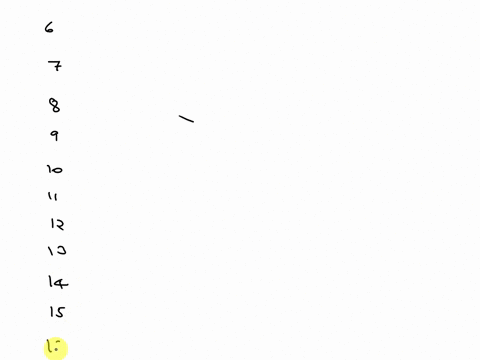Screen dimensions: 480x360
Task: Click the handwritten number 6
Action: pos(49,28)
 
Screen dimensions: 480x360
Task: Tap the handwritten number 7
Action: pos(55,67)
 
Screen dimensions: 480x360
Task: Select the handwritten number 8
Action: pos(54,104)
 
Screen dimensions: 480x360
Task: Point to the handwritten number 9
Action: pos(54,136)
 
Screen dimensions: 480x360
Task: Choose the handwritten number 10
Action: pos(54,170)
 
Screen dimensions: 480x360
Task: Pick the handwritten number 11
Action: pos(53,197)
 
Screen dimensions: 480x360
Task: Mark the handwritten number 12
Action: pos(57,225)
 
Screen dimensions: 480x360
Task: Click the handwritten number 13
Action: pos(56,251)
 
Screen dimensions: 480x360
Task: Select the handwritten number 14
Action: pos(57,283)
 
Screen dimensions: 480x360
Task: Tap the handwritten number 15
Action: pos(56,312)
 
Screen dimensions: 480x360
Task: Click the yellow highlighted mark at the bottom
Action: pos(54,348)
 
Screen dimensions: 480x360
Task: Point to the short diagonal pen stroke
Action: pos(186,120)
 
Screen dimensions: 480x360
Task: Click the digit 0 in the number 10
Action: pos(58,171)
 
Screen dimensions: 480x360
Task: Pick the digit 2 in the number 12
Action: pos(60,225)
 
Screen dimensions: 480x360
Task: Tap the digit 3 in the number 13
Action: pos(60,251)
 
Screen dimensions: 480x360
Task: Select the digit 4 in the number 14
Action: pos(61,283)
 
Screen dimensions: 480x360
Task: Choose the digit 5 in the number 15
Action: pos(60,312)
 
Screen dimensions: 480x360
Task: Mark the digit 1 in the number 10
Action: pos(48,170)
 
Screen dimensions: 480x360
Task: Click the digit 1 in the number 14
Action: pos(50,283)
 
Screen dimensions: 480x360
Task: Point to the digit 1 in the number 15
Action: pos(50,312)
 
